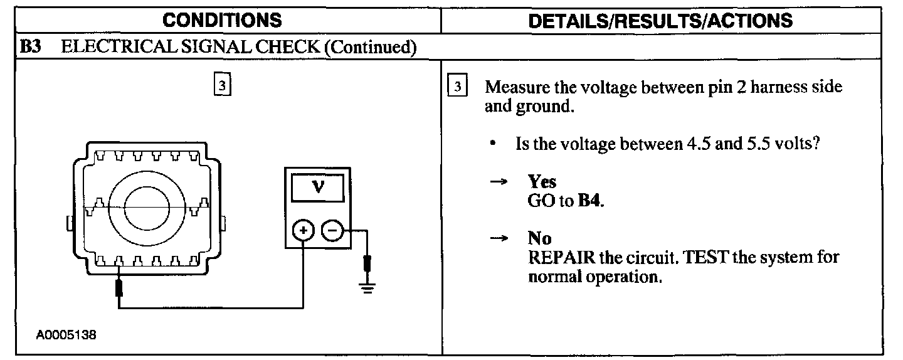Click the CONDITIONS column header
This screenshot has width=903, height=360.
coord(222,20)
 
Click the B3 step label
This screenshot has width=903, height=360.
coord(31,48)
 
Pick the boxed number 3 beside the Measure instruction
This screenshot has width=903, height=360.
coord(458,87)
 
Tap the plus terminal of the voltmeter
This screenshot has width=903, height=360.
coord(304,231)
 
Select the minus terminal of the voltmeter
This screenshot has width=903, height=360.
coord(332,231)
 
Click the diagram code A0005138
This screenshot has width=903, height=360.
coord(66,335)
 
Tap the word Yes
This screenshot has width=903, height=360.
coord(542,182)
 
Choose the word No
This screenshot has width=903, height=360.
coord(539,238)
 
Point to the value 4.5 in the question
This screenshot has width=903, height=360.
coord(694,144)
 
